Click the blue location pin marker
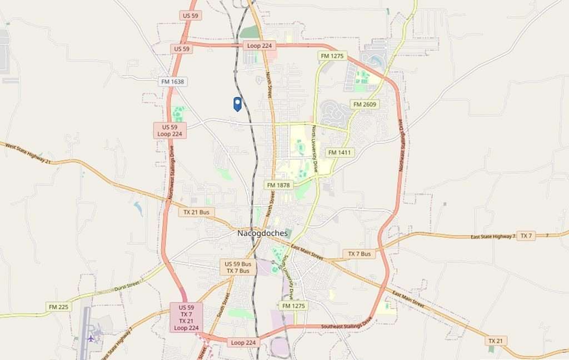[237, 104]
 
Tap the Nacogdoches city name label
[262, 233]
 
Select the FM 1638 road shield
[172, 82]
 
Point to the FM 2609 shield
[365, 104]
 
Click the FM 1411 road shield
[340, 152]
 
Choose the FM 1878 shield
[278, 185]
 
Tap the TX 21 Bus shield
[197, 212]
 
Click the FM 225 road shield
[59, 307]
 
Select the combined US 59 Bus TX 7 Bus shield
[238, 267]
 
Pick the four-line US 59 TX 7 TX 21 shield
[186, 318]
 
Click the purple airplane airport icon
[91, 338]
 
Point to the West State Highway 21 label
[28, 153]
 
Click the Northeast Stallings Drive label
[400, 146]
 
